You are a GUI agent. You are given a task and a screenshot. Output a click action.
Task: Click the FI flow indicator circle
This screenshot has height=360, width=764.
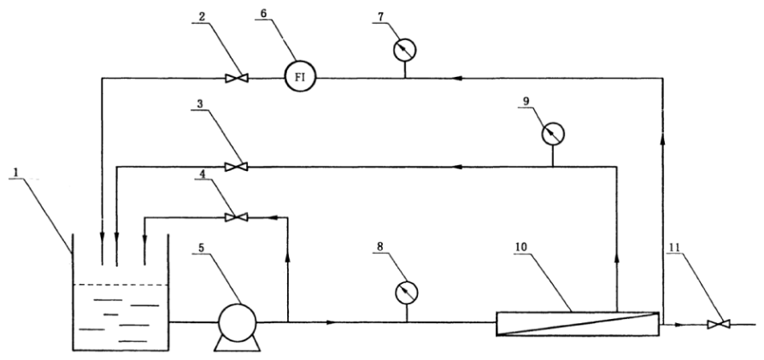(301, 79)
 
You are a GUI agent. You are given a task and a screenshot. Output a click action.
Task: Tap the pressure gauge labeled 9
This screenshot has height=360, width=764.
(554, 133)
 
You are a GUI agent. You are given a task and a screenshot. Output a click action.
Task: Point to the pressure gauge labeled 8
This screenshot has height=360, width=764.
(407, 292)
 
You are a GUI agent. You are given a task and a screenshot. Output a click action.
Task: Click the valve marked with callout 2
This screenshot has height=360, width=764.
(234, 79)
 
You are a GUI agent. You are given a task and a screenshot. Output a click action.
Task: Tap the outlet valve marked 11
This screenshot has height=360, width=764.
(717, 325)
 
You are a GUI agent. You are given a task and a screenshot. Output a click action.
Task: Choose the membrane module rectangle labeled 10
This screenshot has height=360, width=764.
(578, 325)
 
